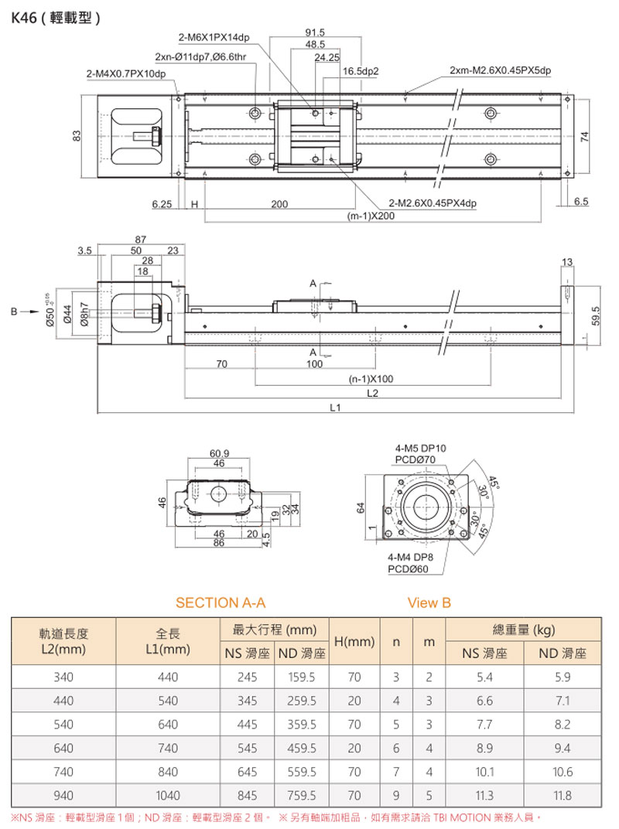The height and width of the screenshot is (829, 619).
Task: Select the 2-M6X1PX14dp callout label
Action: click(x=214, y=37)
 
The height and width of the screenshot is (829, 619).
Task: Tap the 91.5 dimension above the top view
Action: click(x=315, y=32)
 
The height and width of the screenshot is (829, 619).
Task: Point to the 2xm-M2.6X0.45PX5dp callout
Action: click(x=500, y=71)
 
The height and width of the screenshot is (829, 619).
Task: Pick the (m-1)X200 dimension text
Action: click(x=371, y=217)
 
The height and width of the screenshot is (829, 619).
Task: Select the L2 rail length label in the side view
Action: click(x=372, y=393)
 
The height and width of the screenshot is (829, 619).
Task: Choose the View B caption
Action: click(x=429, y=602)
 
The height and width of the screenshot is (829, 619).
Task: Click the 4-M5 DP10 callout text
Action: click(x=421, y=448)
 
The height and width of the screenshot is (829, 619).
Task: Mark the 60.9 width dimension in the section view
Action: click(x=219, y=452)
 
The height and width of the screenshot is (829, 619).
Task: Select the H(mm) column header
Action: click(x=354, y=642)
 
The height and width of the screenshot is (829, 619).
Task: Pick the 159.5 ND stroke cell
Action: click(x=301, y=677)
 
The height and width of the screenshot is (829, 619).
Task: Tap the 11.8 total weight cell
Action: click(x=563, y=795)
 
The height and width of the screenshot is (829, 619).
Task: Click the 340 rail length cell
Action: click(x=63, y=677)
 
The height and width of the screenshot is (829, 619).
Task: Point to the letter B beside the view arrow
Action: click(x=13, y=312)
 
